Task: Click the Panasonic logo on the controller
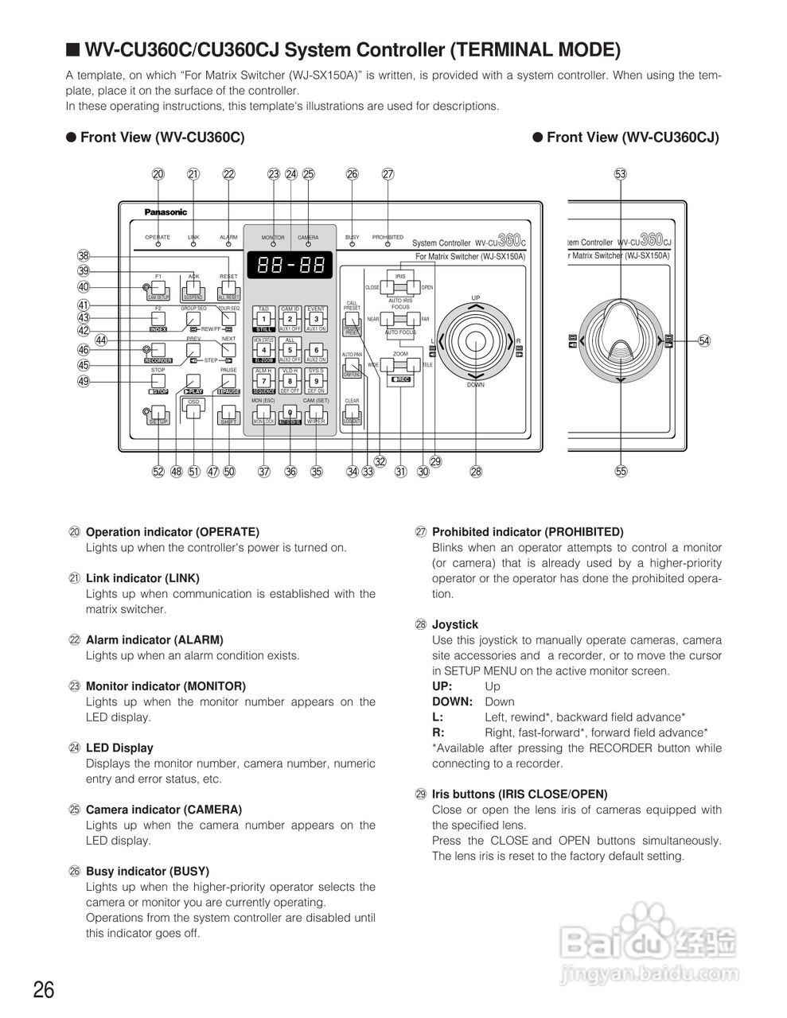166,212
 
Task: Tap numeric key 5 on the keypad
290,349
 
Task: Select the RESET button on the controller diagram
228,287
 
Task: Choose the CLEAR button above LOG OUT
352,414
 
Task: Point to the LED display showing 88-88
290,265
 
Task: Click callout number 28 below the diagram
476,472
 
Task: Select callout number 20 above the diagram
158,174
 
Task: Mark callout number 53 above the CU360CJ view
621,174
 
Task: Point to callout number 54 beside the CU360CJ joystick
704,340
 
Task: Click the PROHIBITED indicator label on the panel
388,237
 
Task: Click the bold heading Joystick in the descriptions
455,624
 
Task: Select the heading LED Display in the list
119,748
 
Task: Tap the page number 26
44,990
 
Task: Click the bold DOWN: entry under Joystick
452,701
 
